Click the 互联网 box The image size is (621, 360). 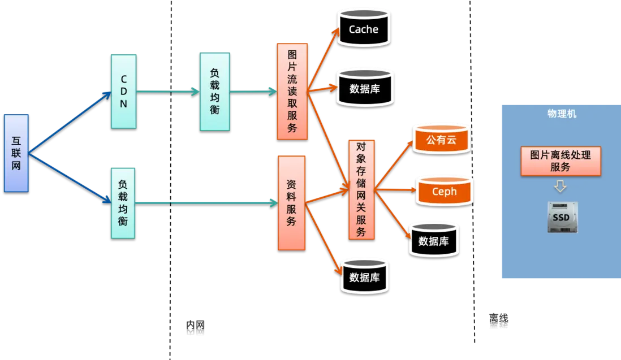[x=16, y=152]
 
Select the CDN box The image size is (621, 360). [x=123, y=90]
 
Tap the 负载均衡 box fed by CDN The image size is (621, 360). [x=214, y=91]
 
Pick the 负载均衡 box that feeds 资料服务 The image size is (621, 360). [x=123, y=202]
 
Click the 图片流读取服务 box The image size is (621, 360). [x=292, y=90]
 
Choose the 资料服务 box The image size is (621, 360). [x=291, y=202]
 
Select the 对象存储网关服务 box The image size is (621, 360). [x=361, y=189]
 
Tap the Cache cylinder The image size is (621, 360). [x=364, y=29]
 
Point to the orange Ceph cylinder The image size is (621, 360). [x=444, y=191]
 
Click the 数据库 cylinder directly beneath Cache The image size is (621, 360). [x=364, y=89]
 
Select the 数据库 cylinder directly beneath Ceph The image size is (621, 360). [x=433, y=241]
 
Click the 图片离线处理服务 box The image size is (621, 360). [x=560, y=161]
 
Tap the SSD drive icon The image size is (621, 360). [x=562, y=217]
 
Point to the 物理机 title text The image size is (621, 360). [x=562, y=114]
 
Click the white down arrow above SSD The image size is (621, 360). [x=560, y=186]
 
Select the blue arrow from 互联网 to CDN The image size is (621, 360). [x=71, y=121]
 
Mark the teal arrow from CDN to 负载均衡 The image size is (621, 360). [x=167, y=91]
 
